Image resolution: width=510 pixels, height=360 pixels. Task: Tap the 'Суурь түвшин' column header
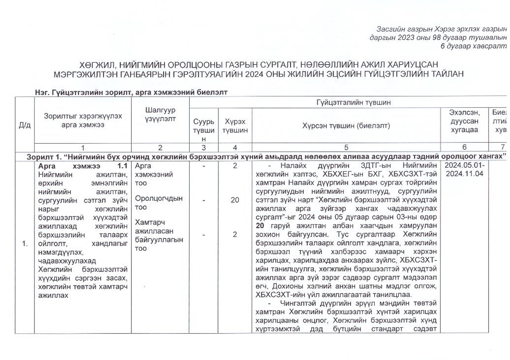click(x=200, y=129)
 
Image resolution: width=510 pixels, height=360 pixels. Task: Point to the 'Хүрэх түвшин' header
click(x=234, y=126)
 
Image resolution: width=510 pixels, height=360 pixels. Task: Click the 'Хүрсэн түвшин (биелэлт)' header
click(x=346, y=126)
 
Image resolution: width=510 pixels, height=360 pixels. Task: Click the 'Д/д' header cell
click(x=24, y=126)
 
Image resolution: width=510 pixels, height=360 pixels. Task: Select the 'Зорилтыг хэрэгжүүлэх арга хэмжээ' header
click(x=83, y=121)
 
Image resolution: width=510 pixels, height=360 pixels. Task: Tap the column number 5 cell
click(x=346, y=148)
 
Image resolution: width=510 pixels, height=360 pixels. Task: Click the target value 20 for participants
click(x=234, y=200)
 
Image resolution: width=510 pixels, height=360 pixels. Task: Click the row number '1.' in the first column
click(x=24, y=243)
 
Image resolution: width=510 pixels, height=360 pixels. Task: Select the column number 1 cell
click(x=82, y=148)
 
